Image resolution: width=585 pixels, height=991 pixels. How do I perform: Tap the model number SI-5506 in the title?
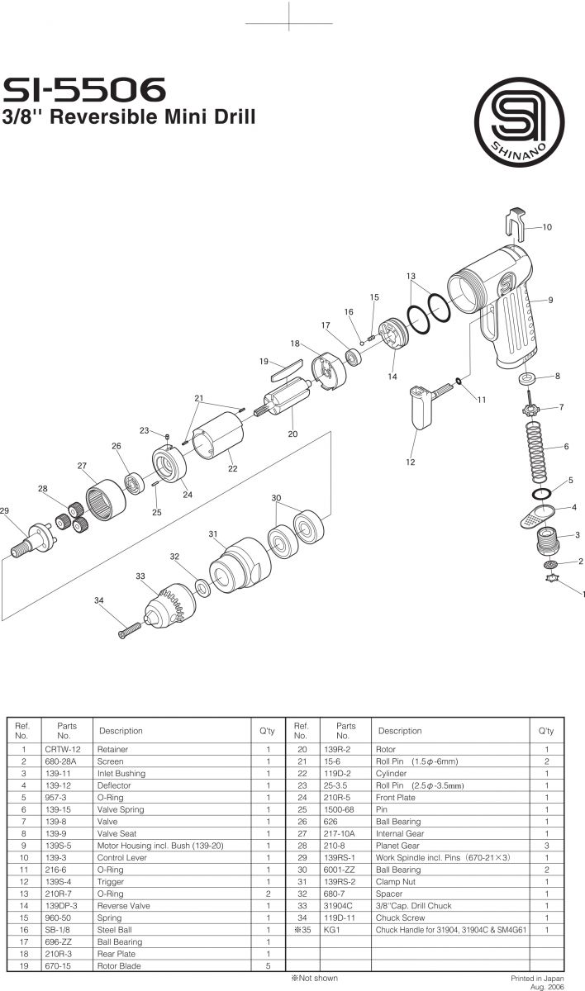tap(85, 88)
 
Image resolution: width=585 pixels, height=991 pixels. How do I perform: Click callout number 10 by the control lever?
tap(547, 226)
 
